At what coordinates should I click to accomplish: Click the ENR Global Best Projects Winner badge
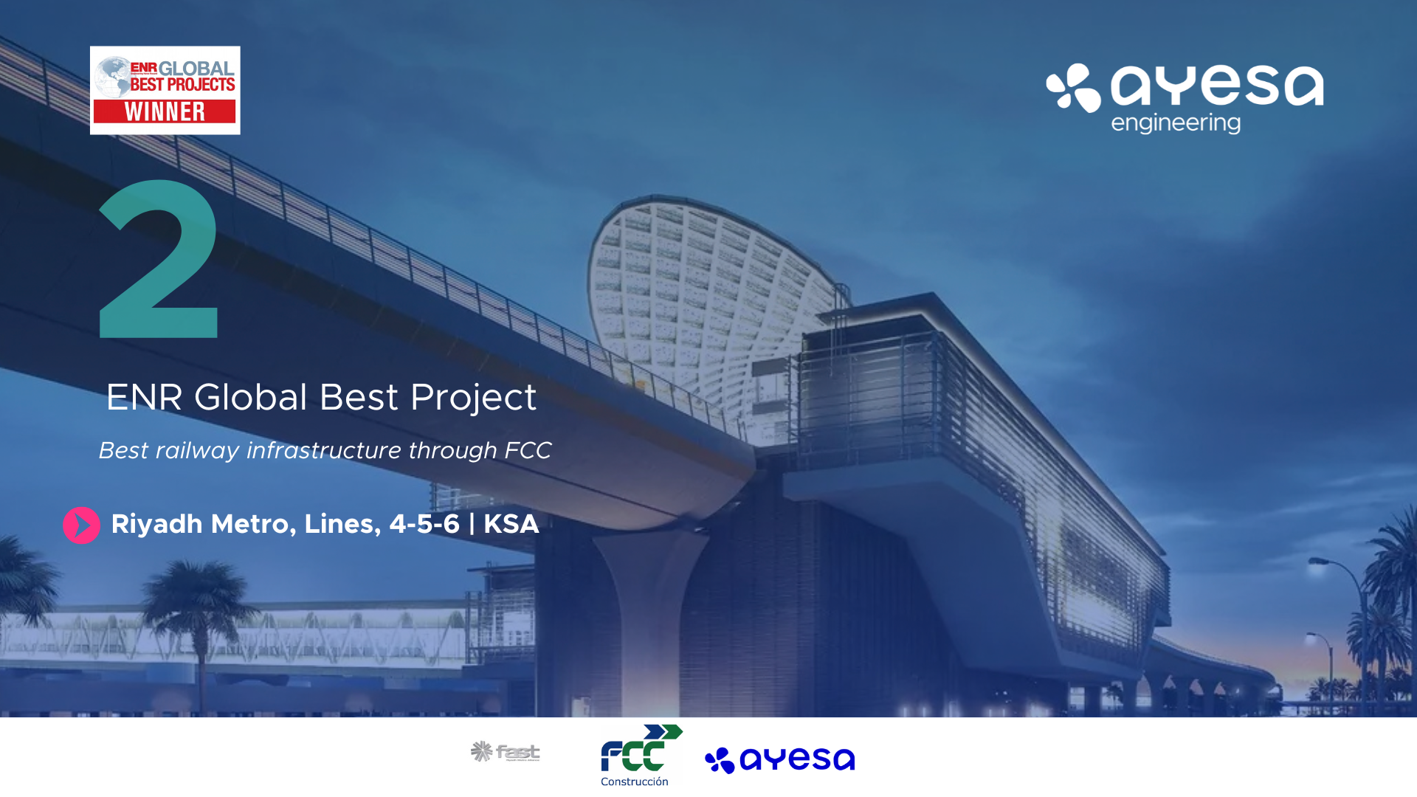165,90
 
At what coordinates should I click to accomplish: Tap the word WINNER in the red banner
165,111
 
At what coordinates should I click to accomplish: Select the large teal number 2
159,259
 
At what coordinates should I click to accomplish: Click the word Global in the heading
250,397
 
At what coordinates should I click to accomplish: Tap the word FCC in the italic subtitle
528,450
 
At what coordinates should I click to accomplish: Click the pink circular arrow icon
81,525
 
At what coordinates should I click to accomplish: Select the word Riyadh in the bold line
156,525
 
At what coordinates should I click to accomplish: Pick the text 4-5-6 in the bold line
424,524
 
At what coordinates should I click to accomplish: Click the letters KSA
511,524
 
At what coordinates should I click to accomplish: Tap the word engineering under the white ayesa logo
1176,123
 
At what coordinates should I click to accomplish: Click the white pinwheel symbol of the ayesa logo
1074,88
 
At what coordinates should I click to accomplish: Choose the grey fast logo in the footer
506,752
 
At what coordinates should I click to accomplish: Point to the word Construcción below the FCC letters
634,782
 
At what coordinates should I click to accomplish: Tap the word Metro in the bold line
254,525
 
